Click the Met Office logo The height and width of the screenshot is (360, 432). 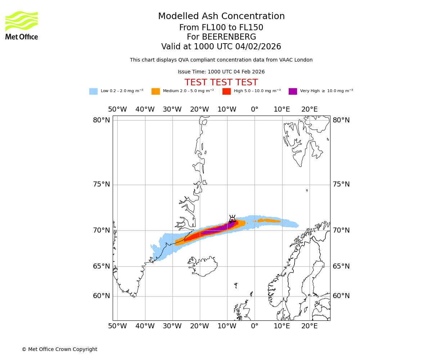[x=22, y=25]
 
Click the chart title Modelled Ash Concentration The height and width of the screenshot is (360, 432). [x=221, y=17]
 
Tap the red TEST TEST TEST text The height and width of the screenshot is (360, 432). [x=221, y=83]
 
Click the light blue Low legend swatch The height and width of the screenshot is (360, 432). [x=93, y=91]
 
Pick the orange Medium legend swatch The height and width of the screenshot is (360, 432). [x=156, y=91]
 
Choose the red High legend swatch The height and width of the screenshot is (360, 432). [x=226, y=91]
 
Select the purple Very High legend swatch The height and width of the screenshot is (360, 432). [x=293, y=91]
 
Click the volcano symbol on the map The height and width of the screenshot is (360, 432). [x=232, y=219]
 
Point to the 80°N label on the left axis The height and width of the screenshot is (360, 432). [x=102, y=120]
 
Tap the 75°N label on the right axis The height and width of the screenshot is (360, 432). [x=341, y=184]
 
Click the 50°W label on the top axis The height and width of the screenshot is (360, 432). [x=117, y=109]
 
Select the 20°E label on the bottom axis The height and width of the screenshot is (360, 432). [x=309, y=326]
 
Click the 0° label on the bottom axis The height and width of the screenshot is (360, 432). [x=255, y=326]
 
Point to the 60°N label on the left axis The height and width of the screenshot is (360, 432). [x=102, y=296]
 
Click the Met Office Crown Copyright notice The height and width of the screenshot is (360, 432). [x=59, y=349]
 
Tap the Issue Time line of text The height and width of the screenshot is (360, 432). [x=221, y=72]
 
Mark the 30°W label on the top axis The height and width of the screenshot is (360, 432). [x=172, y=109]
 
